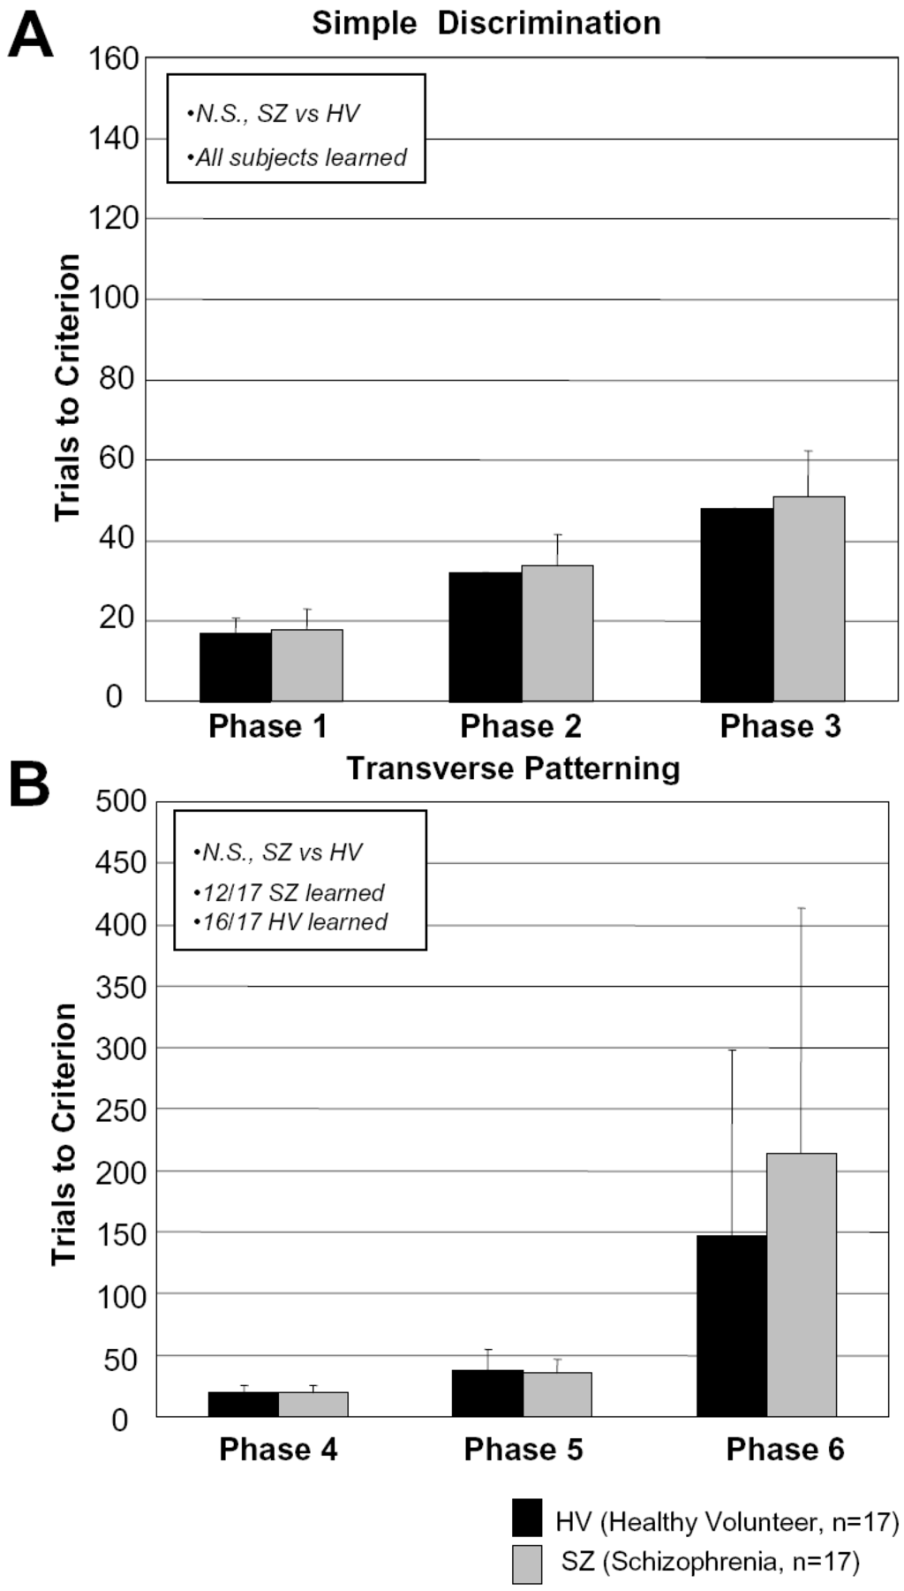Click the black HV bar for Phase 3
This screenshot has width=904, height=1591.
[x=736, y=605]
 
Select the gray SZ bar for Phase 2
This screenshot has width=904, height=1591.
[x=557, y=633]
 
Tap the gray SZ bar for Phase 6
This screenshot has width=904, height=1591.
[x=801, y=1285]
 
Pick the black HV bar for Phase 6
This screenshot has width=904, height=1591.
[x=731, y=1325]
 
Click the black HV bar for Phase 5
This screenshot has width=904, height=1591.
[x=487, y=1393]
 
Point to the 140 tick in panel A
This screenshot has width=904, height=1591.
[x=114, y=139]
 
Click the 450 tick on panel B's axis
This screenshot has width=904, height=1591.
[x=122, y=863]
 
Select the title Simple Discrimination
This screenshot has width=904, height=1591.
[x=486, y=24]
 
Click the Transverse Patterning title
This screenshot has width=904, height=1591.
[x=513, y=769]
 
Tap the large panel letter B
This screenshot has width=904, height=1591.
[x=29, y=783]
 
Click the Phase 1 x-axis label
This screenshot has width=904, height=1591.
[x=267, y=726]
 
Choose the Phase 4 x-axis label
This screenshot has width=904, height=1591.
[x=278, y=1450]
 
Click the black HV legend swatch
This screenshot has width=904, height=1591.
[x=527, y=1518]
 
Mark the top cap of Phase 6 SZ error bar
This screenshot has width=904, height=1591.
[x=801, y=908]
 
